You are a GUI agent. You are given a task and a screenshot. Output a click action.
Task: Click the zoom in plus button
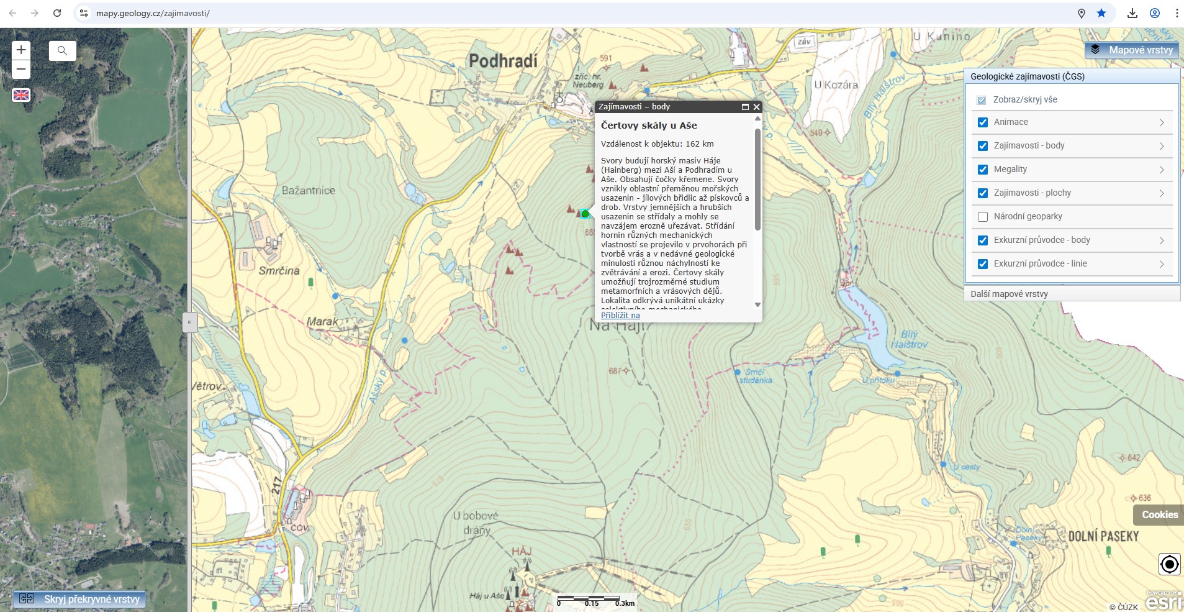[x=21, y=50]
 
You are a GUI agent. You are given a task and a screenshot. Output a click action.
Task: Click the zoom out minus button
[x=21, y=69]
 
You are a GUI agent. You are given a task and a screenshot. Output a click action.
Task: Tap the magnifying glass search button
[x=62, y=50]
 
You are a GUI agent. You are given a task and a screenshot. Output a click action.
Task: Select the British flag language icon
[x=21, y=95]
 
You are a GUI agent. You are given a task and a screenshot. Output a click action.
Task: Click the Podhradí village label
[x=503, y=61]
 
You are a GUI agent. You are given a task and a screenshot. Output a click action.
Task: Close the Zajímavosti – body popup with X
[x=756, y=107]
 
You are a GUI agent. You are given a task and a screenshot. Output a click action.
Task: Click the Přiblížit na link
[x=620, y=315]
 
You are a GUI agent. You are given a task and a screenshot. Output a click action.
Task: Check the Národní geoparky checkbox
[x=983, y=217]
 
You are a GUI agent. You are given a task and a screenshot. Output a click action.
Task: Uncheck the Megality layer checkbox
[x=983, y=170]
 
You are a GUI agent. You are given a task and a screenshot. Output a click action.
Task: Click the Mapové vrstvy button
[x=1132, y=50]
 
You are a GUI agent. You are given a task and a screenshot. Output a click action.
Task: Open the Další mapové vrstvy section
[x=1009, y=294]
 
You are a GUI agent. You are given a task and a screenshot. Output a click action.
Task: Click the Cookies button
[x=1159, y=514]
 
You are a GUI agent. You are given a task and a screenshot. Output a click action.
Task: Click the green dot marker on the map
[x=585, y=214]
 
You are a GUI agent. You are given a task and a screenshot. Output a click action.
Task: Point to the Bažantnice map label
[x=308, y=191]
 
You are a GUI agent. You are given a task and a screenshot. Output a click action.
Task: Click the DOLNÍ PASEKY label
[x=1103, y=536]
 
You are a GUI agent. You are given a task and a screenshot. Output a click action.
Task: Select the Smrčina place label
[x=279, y=271]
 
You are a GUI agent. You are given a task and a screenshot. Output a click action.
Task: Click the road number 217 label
[x=276, y=485]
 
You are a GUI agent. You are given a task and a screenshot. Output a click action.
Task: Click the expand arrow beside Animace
[x=1161, y=122]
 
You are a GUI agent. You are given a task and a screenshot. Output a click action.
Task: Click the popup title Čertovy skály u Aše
[x=649, y=126]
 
